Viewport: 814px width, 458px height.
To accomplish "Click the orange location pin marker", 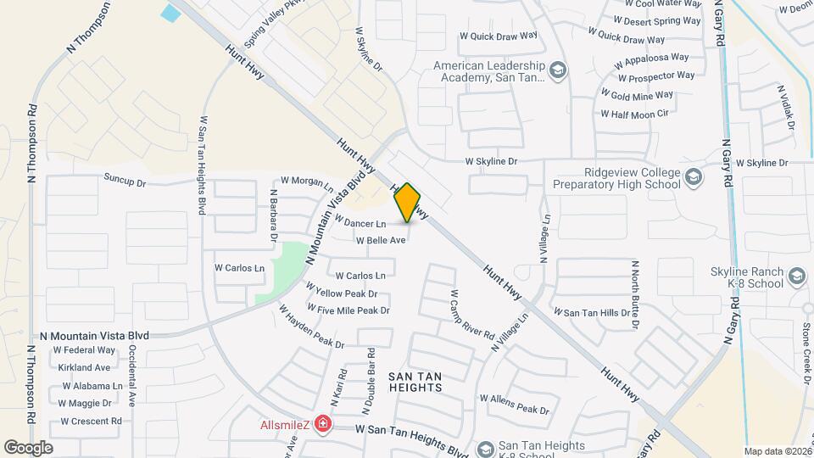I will coord(408,203).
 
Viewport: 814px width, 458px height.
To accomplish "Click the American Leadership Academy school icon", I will coord(558,70).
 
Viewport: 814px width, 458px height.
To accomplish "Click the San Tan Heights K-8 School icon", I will coord(486,448).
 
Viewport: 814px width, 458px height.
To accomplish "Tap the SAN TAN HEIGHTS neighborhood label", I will coord(415,381).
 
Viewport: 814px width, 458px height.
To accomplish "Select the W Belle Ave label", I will coord(381,240).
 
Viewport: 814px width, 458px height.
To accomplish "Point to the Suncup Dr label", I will coord(125,181).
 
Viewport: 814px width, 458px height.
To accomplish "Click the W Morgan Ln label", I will coord(306,181).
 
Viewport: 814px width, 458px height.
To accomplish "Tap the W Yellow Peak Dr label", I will coord(346,293).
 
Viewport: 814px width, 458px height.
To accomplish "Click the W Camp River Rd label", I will coord(471,314).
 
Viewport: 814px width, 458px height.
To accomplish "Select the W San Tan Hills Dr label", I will coord(592,313).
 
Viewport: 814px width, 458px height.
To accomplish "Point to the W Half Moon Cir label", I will coord(635,114).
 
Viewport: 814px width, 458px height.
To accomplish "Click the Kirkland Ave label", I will coord(84,367).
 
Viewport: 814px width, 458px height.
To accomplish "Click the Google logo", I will coord(29,447).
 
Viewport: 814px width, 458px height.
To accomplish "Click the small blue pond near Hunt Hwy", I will coord(171,13).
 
